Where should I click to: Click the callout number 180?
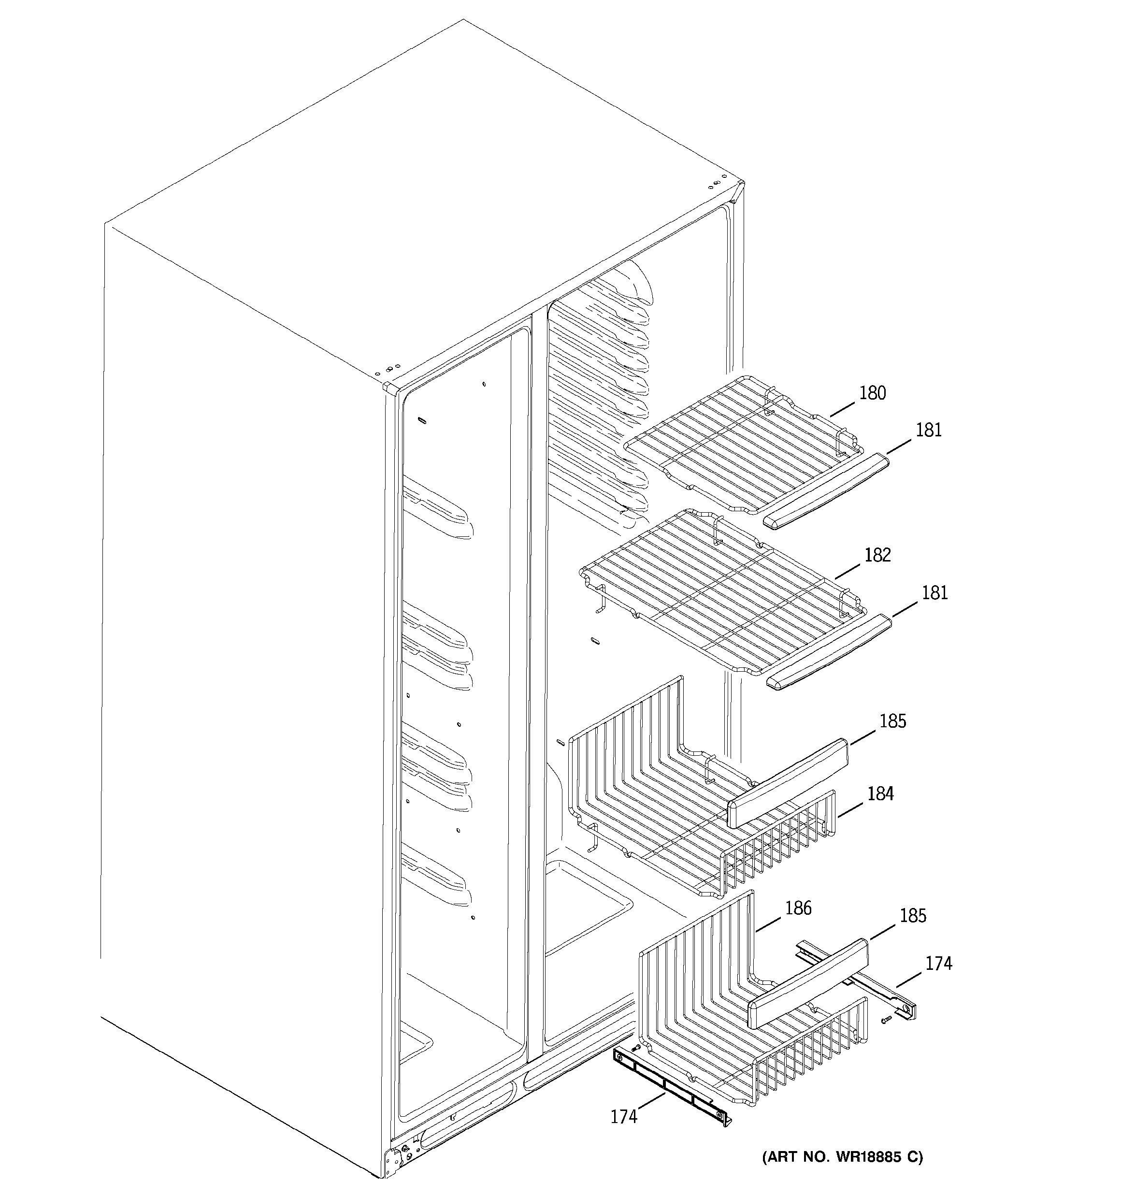(872, 393)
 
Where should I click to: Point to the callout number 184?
(880, 793)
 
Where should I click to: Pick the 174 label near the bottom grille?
(623, 1117)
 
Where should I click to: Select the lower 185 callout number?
(913, 916)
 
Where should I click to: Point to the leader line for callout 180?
(842, 410)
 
